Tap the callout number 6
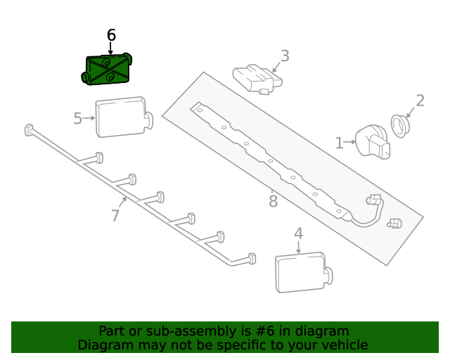tap(111, 35)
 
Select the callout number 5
tap(78, 118)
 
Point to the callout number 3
tap(285, 56)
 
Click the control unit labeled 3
tap(257, 79)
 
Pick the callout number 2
tap(420, 101)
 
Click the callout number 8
tap(273, 202)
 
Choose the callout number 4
tap(298, 233)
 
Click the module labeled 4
tap(301, 273)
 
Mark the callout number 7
tap(116, 215)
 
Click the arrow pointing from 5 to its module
tap(89, 118)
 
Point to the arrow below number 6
tap(111, 49)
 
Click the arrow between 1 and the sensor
tap(349, 143)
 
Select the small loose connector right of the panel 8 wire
tap(394, 224)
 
